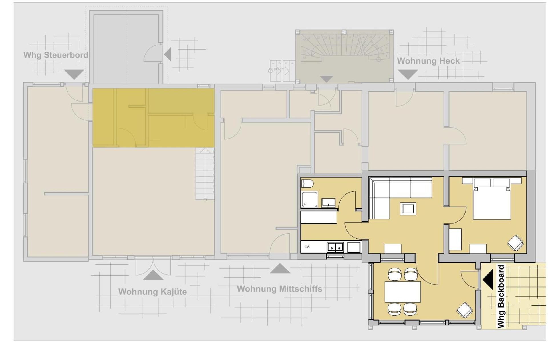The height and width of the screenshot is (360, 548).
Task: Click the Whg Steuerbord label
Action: (56, 55)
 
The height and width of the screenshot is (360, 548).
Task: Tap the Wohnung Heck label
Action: (428, 61)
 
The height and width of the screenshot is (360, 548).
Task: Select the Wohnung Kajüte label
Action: (152, 292)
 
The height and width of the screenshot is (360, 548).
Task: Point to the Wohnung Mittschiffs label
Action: (279, 289)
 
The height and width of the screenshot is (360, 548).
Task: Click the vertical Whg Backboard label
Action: (501, 297)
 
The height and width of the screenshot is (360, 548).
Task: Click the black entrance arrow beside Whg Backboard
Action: (488, 279)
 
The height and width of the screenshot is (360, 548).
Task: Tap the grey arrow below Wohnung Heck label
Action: (408, 74)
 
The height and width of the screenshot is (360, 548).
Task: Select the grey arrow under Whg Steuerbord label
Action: (74, 74)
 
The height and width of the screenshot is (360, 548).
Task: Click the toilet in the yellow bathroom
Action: (307, 184)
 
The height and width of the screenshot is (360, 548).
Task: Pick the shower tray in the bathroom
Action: (309, 199)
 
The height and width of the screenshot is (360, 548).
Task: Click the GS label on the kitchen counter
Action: (307, 247)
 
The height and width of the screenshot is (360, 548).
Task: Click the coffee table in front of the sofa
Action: (408, 209)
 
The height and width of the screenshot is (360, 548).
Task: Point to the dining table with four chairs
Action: (402, 292)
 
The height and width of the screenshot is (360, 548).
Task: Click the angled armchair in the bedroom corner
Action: (515, 243)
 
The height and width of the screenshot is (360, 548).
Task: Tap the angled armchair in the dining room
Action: (464, 310)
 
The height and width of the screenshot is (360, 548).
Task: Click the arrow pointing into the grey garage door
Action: (168, 54)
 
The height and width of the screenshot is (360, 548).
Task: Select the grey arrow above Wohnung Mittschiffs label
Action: (280, 269)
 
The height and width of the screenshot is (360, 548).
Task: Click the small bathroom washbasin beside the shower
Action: (328, 203)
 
